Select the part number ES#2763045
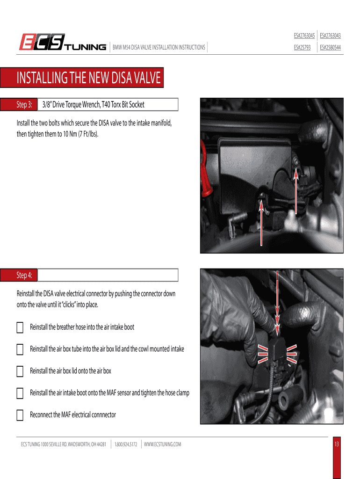tap(304, 36)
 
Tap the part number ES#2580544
tap(330, 47)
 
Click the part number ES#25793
tap(302, 47)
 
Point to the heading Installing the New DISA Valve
tap(88, 79)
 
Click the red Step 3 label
tap(24, 105)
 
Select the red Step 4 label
tap(24, 275)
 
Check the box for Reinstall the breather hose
tap(20, 327)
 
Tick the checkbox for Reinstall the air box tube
tap(20, 349)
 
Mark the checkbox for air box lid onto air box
tap(20, 371)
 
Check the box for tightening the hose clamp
tap(20, 393)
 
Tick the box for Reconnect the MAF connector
tap(20, 415)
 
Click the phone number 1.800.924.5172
tap(126, 444)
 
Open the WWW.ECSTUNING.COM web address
tap(162, 444)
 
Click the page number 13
tap(336, 444)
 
